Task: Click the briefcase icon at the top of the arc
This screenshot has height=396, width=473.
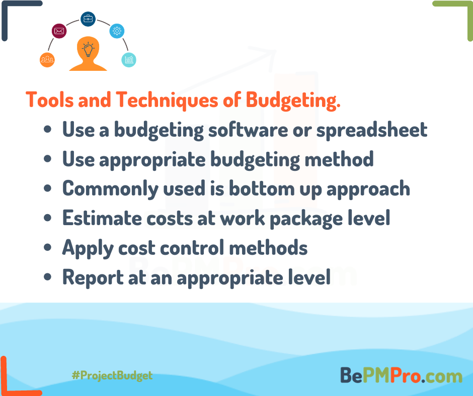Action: (x=88, y=19)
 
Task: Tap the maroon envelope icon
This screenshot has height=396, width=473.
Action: (x=59, y=31)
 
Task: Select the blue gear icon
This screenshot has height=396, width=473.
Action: (x=117, y=31)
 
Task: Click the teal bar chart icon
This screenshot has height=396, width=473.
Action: (x=129, y=60)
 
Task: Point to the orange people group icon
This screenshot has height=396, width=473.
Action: (x=47, y=60)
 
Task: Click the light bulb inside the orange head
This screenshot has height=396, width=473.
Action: (x=88, y=49)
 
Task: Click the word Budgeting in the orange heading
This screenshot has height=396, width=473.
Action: (x=293, y=100)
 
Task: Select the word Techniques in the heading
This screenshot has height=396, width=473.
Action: (x=167, y=100)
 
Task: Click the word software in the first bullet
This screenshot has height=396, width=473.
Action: (x=248, y=130)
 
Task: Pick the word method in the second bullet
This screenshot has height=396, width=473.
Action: (x=339, y=159)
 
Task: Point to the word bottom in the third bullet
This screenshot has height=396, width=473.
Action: (x=262, y=188)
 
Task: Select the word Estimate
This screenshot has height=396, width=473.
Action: (x=102, y=218)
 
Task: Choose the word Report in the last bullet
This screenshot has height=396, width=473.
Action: (x=93, y=278)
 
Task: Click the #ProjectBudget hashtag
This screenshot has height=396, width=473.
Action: (x=112, y=375)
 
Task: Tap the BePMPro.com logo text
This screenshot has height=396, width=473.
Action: (x=401, y=375)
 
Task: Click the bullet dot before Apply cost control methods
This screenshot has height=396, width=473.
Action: (x=48, y=247)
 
